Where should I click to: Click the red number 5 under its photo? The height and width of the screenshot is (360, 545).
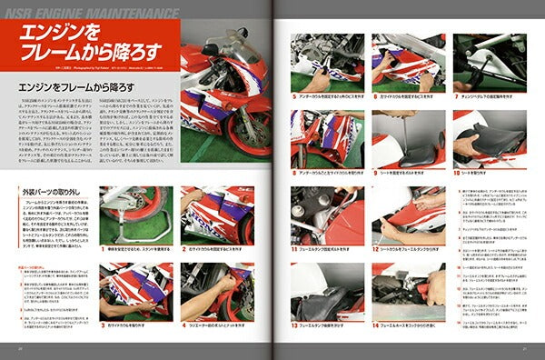[x=293, y=93]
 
